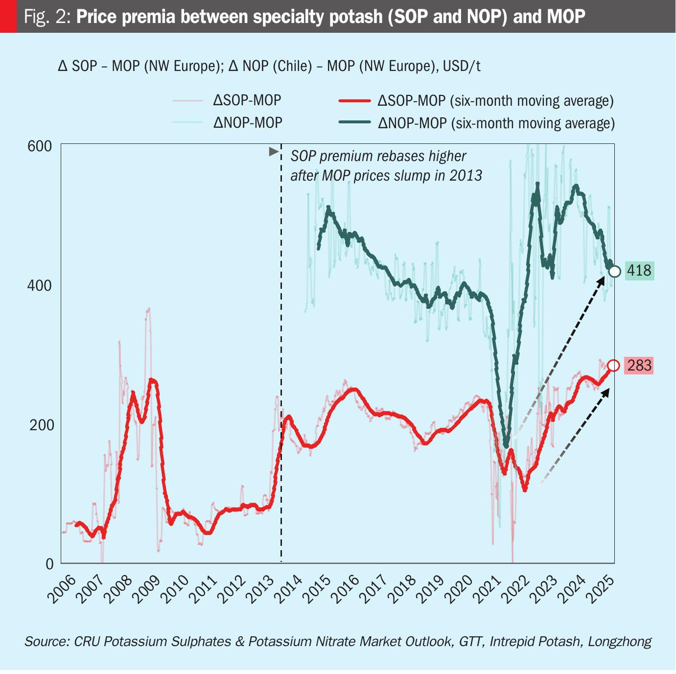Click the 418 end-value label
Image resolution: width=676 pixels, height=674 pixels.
(639, 271)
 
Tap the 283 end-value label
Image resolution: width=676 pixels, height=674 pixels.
(639, 366)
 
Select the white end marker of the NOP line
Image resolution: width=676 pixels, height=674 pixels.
(615, 271)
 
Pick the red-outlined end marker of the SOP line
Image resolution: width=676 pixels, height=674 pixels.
(613, 366)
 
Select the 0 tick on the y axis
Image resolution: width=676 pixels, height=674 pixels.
(49, 564)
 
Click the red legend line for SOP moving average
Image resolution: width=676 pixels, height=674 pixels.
(354, 101)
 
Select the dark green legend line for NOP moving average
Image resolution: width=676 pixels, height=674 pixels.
(354, 122)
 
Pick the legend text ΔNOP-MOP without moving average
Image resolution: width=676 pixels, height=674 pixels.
(248, 122)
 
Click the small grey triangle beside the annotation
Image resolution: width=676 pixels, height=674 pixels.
(274, 152)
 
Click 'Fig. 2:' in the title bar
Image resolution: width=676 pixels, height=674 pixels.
(47, 17)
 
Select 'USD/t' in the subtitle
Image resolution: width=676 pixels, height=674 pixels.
(462, 66)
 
